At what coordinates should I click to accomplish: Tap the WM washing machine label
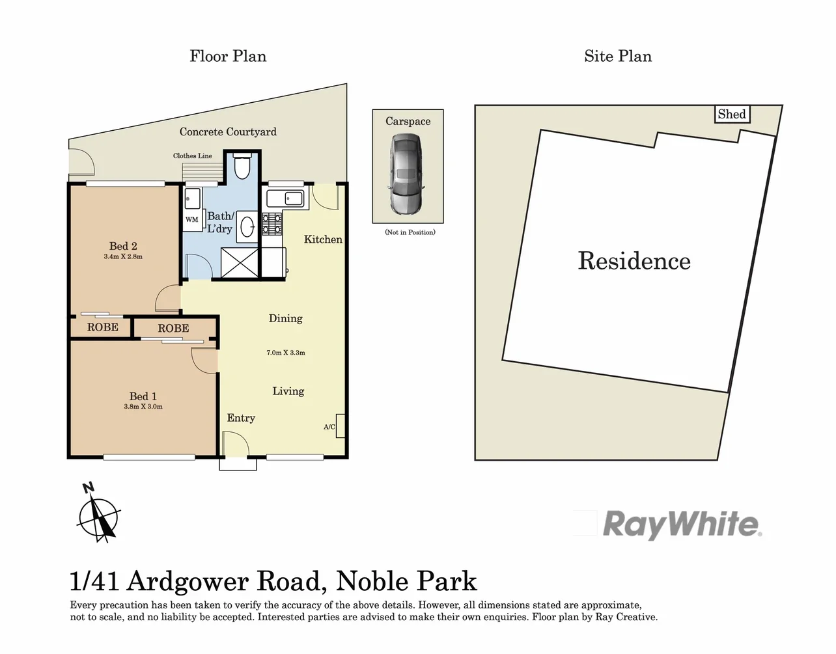point(191,219)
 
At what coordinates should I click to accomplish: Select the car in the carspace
point(406,174)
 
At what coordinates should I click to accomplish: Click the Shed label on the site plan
point(732,115)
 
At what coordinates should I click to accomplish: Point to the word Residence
point(634,261)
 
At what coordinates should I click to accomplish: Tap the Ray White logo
point(681,524)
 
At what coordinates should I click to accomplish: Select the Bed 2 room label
point(123,246)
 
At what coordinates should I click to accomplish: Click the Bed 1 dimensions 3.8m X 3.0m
point(143,407)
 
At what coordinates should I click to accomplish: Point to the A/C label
point(329,427)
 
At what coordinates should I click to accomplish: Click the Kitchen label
point(323,239)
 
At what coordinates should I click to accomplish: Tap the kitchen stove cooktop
point(272,224)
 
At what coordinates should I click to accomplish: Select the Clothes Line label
point(192,156)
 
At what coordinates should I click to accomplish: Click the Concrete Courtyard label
point(228,131)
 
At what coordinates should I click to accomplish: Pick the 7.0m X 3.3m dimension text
point(286,353)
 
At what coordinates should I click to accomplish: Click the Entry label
point(241,418)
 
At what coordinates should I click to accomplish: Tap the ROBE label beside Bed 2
point(103,327)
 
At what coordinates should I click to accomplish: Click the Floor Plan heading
point(228,57)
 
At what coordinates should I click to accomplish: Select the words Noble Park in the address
point(407,580)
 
